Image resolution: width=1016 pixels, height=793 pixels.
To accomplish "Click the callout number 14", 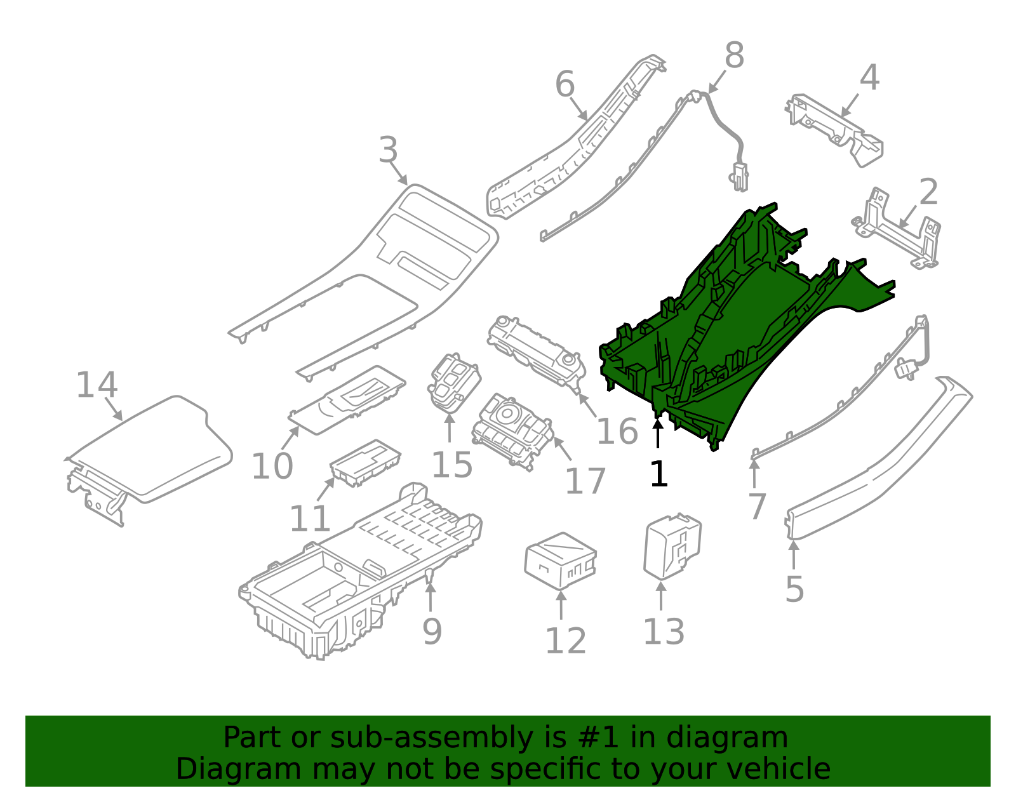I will tap(97, 385).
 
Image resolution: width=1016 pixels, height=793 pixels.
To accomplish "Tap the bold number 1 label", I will tap(658, 474).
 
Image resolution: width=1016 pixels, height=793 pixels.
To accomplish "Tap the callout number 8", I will tap(734, 56).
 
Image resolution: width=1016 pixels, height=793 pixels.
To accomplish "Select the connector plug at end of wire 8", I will tap(739, 177).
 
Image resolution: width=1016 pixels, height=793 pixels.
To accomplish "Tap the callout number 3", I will tap(388, 151).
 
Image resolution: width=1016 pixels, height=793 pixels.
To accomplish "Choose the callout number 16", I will tap(617, 432).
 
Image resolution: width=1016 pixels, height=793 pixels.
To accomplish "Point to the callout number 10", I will tap(272, 467).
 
